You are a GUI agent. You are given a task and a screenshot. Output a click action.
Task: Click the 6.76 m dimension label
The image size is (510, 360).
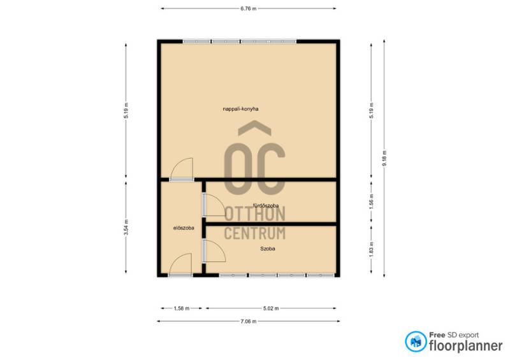[x=248, y=9]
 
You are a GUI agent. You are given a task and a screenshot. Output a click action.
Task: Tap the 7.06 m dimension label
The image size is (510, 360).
[x=248, y=321]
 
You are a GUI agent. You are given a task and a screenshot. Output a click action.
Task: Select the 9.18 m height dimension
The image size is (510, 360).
[x=384, y=159]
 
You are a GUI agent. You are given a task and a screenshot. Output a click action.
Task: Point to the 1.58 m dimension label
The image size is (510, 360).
[x=182, y=308]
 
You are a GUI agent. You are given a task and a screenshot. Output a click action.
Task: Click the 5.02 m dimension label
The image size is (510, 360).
[x=271, y=308]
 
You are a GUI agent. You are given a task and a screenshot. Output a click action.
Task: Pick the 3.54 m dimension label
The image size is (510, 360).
[x=126, y=227]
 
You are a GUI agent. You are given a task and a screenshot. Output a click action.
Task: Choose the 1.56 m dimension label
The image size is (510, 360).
[x=372, y=201]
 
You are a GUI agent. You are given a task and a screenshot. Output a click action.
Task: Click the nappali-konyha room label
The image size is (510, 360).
[x=241, y=109]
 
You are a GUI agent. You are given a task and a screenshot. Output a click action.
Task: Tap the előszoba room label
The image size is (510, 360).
[x=184, y=228]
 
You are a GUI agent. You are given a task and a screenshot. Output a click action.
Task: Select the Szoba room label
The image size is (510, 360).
[x=268, y=248]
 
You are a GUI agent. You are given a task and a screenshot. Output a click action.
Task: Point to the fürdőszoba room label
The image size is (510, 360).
[x=266, y=206]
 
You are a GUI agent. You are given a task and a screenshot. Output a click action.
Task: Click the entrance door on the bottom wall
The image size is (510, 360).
[x=180, y=275]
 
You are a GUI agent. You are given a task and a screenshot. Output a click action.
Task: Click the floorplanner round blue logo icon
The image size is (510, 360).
[x=416, y=342]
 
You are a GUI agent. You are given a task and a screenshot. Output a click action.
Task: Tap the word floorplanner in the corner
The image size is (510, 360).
[x=466, y=346]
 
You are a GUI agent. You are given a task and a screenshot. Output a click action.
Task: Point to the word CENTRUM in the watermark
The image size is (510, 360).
[x=255, y=233]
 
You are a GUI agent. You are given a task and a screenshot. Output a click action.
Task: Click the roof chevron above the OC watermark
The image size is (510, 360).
[x=254, y=128]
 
